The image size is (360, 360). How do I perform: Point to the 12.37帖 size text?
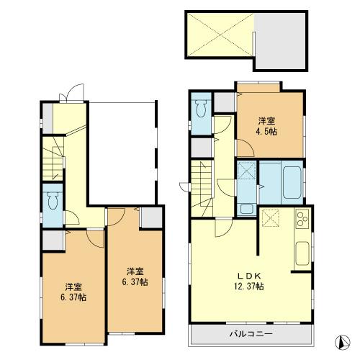[250, 287]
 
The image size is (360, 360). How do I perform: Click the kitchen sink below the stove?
[302, 253]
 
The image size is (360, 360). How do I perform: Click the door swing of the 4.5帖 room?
[243, 150]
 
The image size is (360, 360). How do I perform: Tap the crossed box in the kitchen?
[272, 218]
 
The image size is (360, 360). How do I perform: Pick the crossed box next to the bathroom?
[246, 171]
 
